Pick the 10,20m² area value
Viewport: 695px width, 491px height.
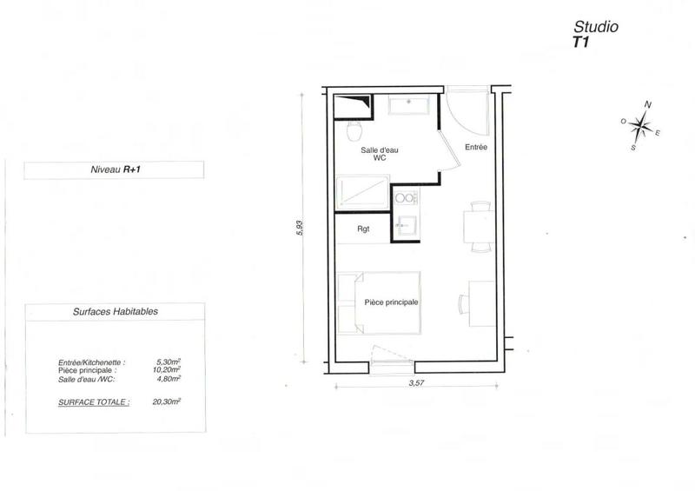[167, 370]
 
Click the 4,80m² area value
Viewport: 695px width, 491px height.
[167, 379]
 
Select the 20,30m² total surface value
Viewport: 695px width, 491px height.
[166, 402]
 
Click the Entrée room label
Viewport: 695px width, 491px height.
[476, 147]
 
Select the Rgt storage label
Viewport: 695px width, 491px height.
[365, 230]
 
